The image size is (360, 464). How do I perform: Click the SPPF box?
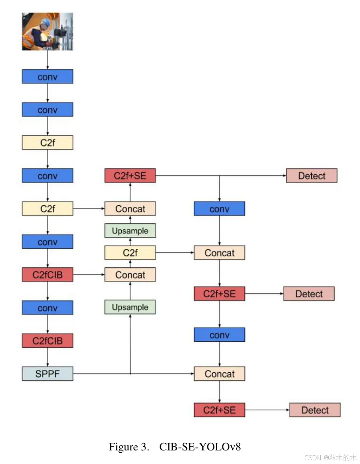pyautogui.click(x=47, y=374)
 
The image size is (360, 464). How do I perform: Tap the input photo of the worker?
pyautogui.click(x=47, y=31)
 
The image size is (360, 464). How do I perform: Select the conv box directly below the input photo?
pyautogui.click(x=47, y=77)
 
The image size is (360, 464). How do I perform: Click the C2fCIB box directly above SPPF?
pyautogui.click(x=47, y=340)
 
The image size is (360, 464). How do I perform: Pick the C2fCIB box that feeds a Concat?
pyautogui.click(x=47, y=275)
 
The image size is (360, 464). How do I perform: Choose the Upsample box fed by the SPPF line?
pyautogui.click(x=130, y=307)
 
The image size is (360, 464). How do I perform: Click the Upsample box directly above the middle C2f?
pyautogui.click(x=130, y=231)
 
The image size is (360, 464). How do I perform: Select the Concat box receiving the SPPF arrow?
pyautogui.click(x=220, y=374)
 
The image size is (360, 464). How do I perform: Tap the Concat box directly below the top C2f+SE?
pyautogui.click(x=130, y=209)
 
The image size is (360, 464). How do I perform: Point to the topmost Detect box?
pyautogui.click(x=311, y=176)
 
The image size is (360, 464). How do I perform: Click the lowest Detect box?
pyautogui.click(x=315, y=410)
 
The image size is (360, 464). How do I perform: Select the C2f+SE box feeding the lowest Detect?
pyautogui.click(x=220, y=410)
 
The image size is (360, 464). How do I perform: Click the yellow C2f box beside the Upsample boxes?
pyautogui.click(x=130, y=253)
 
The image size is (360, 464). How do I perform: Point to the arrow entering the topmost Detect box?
pyautogui.click(x=253, y=176)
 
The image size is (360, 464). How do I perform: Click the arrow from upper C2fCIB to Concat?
pyautogui.click(x=89, y=275)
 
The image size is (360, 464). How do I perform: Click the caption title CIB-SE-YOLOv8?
pyautogui.click(x=200, y=447)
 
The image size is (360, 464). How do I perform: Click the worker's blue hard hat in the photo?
pyautogui.click(x=45, y=22)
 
